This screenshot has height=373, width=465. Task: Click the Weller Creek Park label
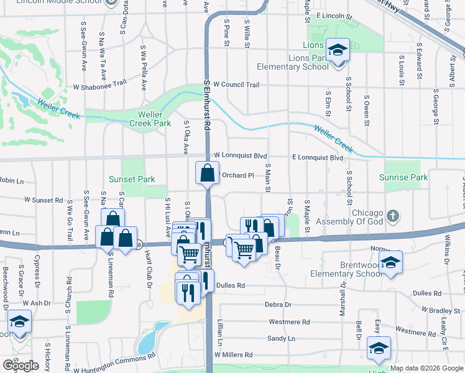click(x=146, y=119)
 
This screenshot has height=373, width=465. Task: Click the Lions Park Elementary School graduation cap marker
click(x=338, y=50)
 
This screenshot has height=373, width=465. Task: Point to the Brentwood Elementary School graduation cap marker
click(x=390, y=262)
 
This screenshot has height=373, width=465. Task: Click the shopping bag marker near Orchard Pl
click(x=207, y=173)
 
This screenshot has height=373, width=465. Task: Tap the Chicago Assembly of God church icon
click(x=392, y=216)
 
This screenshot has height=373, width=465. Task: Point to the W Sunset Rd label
click(x=44, y=200)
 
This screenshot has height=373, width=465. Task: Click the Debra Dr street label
click(x=278, y=305)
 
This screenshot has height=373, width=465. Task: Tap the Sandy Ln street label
click(x=281, y=338)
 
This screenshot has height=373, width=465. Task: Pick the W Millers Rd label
click(x=234, y=354)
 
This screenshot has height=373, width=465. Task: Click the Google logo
click(x=21, y=366)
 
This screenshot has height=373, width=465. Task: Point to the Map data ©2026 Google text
click(x=426, y=369)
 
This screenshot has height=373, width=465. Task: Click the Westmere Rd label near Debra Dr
click(x=289, y=322)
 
